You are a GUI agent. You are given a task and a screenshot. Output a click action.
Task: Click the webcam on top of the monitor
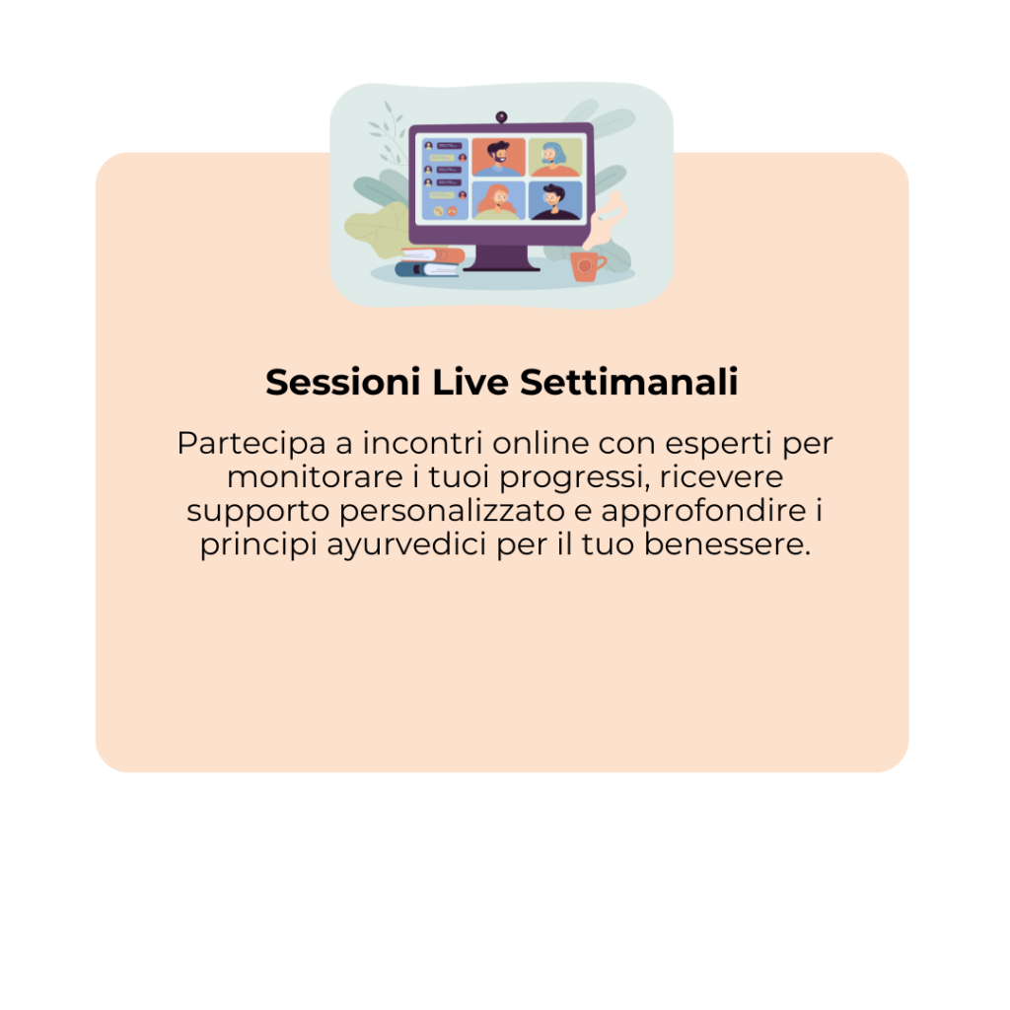pos(501,117)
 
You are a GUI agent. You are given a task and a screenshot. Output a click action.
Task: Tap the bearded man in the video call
pos(498,157)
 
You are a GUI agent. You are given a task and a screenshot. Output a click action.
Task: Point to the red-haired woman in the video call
pos(498,200)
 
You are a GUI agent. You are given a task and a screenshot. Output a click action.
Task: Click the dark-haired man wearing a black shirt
pos(554,200)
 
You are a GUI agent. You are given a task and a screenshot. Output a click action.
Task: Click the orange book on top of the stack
pos(434,255)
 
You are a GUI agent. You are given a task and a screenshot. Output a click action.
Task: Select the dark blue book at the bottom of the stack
pos(427,269)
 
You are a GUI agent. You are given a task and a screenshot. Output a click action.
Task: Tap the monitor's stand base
pos(501,266)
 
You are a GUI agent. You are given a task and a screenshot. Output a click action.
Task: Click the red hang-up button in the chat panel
pos(452,211)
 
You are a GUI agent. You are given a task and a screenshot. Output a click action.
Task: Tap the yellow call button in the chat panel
pos(439,211)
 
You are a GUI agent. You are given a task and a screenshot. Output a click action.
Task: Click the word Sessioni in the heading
pos(343,382)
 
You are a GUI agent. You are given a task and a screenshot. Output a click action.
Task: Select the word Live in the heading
pos(470,382)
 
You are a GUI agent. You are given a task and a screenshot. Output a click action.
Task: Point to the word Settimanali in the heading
pos(628,382)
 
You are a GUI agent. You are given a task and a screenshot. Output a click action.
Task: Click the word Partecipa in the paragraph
pos(252,444)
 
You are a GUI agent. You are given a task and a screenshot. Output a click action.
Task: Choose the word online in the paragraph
pos(541,443)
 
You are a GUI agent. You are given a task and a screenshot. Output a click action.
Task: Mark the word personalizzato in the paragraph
pos(452,512)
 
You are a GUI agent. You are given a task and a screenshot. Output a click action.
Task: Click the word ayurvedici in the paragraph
pos(406,544)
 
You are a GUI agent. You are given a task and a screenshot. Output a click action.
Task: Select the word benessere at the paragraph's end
pos(727,544)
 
